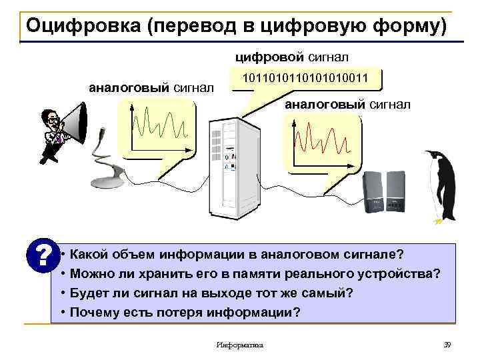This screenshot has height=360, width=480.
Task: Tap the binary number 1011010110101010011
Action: click(308, 79)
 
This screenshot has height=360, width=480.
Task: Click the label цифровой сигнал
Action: click(292, 59)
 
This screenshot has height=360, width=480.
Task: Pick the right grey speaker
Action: click(394, 190)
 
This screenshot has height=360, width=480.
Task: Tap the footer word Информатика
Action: click(240, 345)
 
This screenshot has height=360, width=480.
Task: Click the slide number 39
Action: click(447, 344)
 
